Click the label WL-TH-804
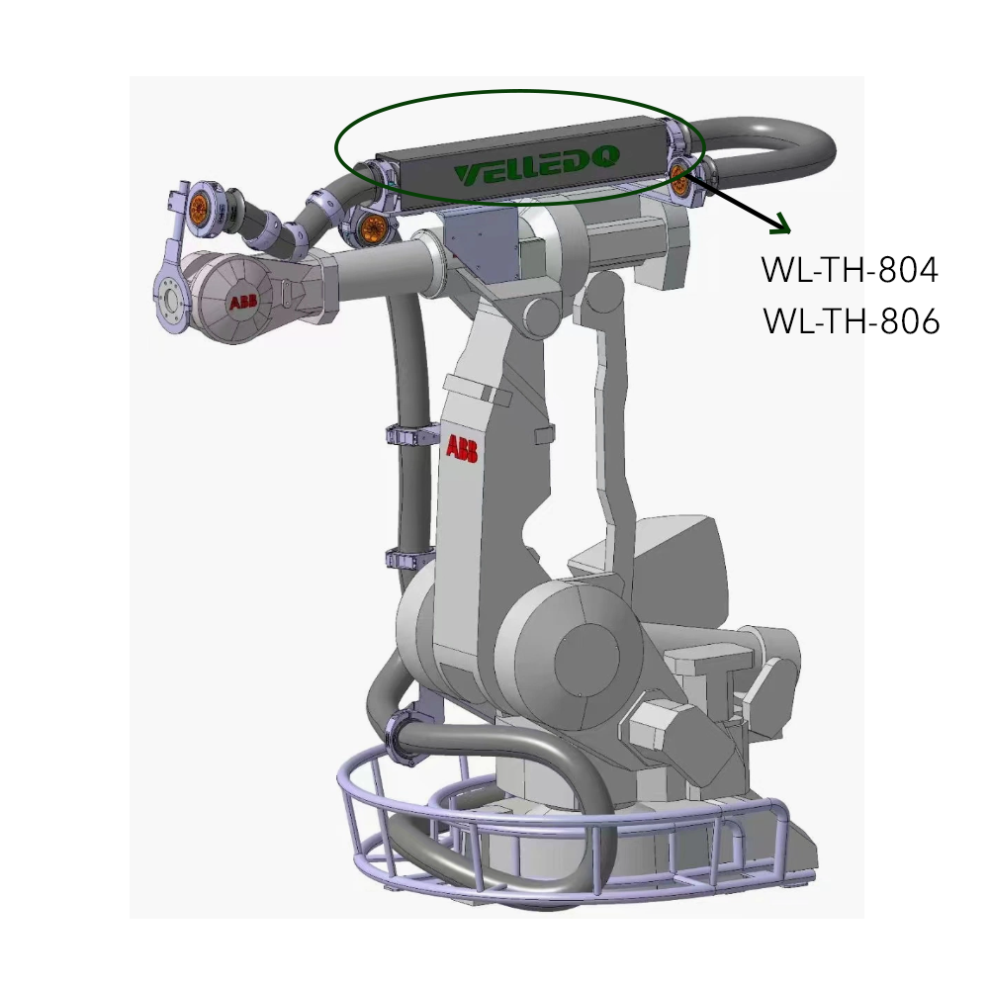point(850,271)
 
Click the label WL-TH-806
point(851,321)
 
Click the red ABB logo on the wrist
point(243,303)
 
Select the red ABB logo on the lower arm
point(462,448)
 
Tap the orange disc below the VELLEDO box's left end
point(372,228)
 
